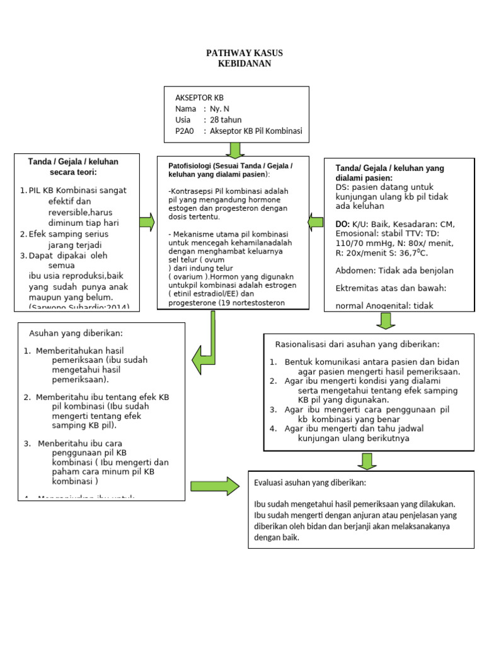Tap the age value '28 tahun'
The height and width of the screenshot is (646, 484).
[226, 120]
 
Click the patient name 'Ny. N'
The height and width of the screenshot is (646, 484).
[220, 109]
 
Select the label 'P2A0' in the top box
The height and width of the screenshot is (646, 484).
[185, 131]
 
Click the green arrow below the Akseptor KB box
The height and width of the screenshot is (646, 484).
[235, 150]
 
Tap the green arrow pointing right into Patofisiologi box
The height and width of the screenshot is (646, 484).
[147, 221]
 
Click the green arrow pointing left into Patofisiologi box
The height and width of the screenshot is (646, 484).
[316, 221]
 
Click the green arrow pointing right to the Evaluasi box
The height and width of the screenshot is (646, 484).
[215, 486]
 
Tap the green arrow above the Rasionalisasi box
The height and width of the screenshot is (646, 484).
[385, 320]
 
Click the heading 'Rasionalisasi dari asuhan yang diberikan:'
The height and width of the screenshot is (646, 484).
[357, 344]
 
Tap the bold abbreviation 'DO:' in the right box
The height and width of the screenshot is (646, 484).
[343, 224]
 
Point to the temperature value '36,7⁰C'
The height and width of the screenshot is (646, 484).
[410, 252]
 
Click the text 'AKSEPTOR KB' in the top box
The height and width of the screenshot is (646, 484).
[199, 98]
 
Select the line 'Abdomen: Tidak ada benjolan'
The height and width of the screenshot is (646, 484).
[395, 271]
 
